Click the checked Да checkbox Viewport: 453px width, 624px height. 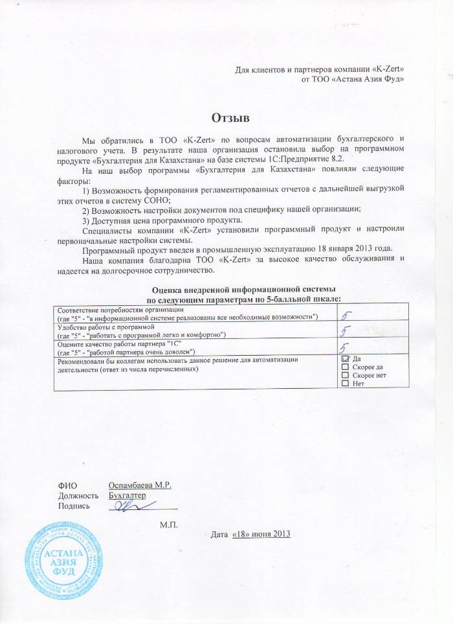point(345,358)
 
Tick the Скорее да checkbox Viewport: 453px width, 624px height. point(345,367)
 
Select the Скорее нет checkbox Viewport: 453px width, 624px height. point(345,375)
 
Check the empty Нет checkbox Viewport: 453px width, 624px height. point(345,384)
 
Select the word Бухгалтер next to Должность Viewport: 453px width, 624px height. point(127,496)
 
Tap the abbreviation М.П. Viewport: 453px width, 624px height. point(169,522)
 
